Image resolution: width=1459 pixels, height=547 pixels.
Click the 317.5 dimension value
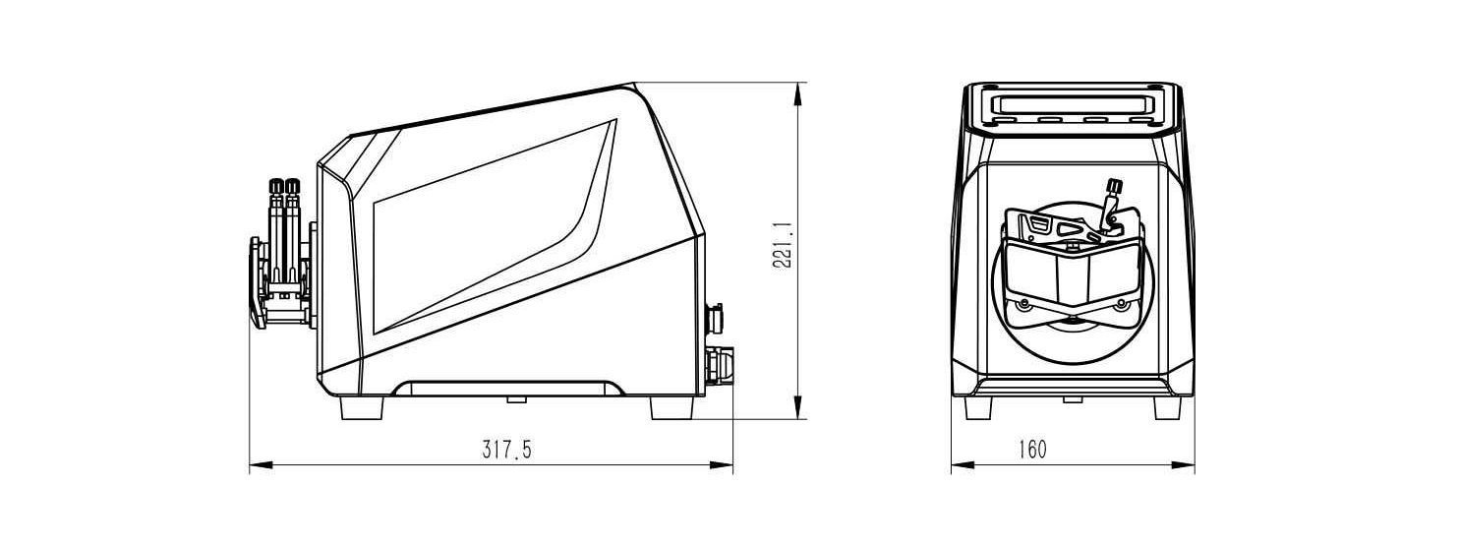click(x=506, y=450)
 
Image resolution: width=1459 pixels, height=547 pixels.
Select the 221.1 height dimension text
click(x=783, y=245)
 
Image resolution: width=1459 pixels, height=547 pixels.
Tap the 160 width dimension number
click(x=1032, y=450)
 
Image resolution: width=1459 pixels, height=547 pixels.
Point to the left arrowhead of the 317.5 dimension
click(x=261, y=465)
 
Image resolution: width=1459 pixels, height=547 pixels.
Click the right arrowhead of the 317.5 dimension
click(x=722, y=465)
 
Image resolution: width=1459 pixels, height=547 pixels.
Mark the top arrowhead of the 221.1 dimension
click(x=796, y=93)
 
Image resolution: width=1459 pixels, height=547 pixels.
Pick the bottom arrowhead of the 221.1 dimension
click(x=796, y=408)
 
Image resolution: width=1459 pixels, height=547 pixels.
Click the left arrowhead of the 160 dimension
click(x=963, y=465)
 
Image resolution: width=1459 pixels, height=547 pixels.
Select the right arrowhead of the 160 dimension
click(x=1184, y=465)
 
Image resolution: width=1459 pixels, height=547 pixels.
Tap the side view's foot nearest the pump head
click(x=362, y=408)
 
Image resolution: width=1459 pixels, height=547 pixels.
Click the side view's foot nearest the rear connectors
click(x=671, y=408)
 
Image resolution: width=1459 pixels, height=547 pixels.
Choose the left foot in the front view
click(x=977, y=408)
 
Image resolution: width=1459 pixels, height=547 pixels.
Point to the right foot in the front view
click(x=1167, y=408)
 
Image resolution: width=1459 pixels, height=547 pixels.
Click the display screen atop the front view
click(x=1072, y=104)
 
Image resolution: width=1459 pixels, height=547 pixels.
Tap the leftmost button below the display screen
click(x=1003, y=120)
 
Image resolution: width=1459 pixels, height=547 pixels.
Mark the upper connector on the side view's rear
click(x=715, y=319)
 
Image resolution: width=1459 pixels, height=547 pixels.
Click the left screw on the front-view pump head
click(x=1023, y=304)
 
